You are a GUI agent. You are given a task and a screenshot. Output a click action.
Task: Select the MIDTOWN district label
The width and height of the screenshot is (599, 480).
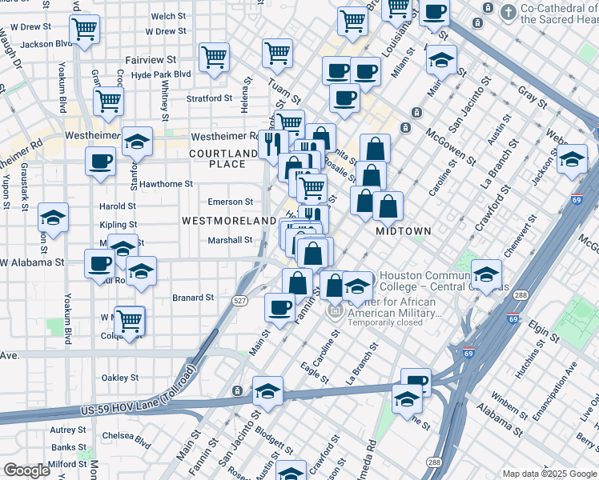pyautogui.click(x=404, y=231)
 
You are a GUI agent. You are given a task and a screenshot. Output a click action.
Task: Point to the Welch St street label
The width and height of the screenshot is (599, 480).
pyautogui.click(x=168, y=16)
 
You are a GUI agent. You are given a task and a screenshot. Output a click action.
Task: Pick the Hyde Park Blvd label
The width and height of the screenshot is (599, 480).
pyautogui.click(x=161, y=74)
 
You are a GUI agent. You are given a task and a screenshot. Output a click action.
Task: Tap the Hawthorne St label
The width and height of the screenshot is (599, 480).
pyautogui.click(x=167, y=183)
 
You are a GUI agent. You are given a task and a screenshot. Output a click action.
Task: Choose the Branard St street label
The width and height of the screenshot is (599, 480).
pyautogui.click(x=193, y=298)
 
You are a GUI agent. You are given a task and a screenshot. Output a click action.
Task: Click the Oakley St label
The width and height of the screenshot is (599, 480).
pyautogui.click(x=120, y=378)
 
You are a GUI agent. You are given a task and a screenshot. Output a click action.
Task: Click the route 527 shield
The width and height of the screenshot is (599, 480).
pyautogui.click(x=239, y=300)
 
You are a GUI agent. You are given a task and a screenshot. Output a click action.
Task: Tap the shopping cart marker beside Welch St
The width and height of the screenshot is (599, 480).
pyautogui.click(x=84, y=30)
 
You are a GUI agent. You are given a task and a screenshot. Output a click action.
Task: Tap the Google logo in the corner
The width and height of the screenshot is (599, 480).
pyautogui.click(x=26, y=470)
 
